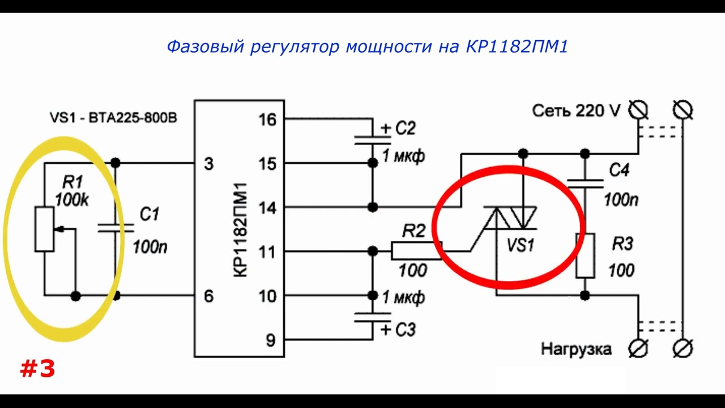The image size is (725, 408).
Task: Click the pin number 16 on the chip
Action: coord(267,120)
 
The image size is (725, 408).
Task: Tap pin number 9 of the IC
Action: coord(270,340)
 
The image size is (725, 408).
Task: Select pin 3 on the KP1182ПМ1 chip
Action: coord(208,164)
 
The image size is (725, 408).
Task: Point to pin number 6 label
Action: coord(208,296)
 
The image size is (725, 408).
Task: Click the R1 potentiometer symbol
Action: coord(44,229)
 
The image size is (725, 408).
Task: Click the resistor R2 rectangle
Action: coord(416,250)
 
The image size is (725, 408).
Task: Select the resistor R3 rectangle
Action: coord(585,256)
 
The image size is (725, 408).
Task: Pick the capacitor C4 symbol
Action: coord(585,182)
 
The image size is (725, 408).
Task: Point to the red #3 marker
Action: coord(37,369)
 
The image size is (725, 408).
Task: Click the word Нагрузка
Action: coord(576,349)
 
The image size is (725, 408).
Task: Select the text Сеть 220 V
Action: coord(576,110)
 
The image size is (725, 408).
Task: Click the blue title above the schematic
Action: coord(367,46)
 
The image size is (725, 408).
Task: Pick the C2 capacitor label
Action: coord(405,129)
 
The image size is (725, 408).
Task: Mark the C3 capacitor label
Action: coord(405,329)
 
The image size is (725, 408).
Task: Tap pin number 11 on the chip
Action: coord(267,252)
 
